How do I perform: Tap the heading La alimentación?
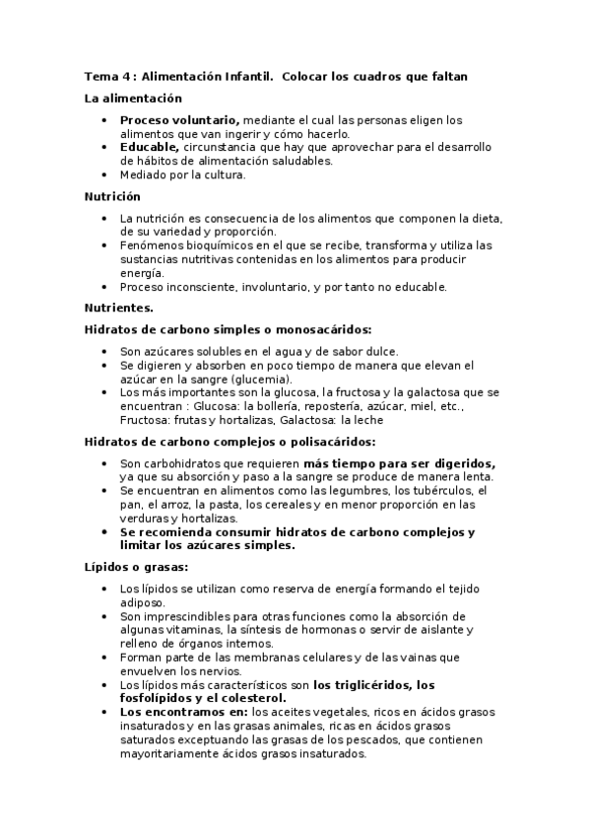tap(134, 99)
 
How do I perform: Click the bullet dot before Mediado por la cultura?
tap(104, 174)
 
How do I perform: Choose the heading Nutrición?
tap(113, 196)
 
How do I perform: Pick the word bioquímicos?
tap(213, 244)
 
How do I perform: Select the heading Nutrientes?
tap(119, 309)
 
